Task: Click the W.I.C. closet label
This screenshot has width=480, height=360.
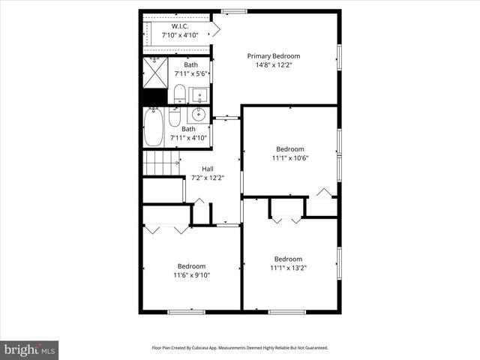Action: [179, 26]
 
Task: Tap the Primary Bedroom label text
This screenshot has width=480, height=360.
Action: [274, 55]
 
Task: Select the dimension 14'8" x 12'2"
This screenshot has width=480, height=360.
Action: [274, 65]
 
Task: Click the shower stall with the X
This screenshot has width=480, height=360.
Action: [155, 73]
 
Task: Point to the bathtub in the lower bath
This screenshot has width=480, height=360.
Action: [154, 127]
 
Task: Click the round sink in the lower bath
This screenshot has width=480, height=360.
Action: [199, 115]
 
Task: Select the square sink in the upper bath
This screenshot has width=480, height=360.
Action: [199, 95]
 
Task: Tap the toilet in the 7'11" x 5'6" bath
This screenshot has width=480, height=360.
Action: [179, 94]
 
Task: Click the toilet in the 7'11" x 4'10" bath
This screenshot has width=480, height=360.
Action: [175, 118]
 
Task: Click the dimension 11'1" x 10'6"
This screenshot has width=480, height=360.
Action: [289, 158]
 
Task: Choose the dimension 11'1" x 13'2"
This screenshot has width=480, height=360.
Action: [289, 268]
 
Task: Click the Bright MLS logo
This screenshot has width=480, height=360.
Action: [30, 349]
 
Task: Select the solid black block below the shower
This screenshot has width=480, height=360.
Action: [154, 97]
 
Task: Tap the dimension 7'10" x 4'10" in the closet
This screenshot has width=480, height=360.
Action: [179, 35]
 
